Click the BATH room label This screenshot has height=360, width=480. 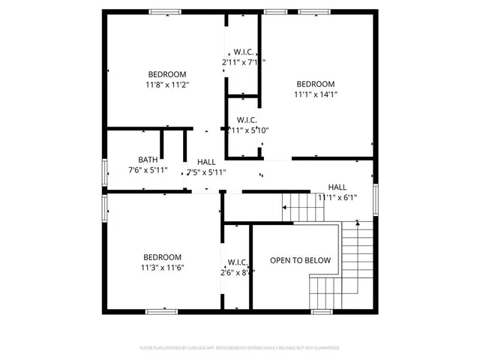pyautogui.click(x=148, y=160)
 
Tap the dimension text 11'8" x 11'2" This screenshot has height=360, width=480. pyautogui.click(x=167, y=85)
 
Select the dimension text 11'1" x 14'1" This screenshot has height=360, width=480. pyautogui.click(x=315, y=94)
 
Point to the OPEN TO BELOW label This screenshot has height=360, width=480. pyautogui.click(x=300, y=260)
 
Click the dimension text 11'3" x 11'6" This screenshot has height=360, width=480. pyautogui.click(x=162, y=268)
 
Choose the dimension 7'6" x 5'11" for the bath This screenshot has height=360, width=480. pyautogui.click(x=148, y=170)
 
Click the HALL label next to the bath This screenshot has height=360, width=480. pyautogui.click(x=206, y=162)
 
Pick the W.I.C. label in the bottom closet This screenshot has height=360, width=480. pyautogui.click(x=238, y=262)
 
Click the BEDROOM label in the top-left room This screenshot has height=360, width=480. pyautogui.click(x=167, y=74)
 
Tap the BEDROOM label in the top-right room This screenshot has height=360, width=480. pyautogui.click(x=315, y=84)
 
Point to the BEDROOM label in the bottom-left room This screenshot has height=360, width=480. pyautogui.click(x=162, y=257)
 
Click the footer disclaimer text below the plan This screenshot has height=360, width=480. pyautogui.click(x=239, y=348)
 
